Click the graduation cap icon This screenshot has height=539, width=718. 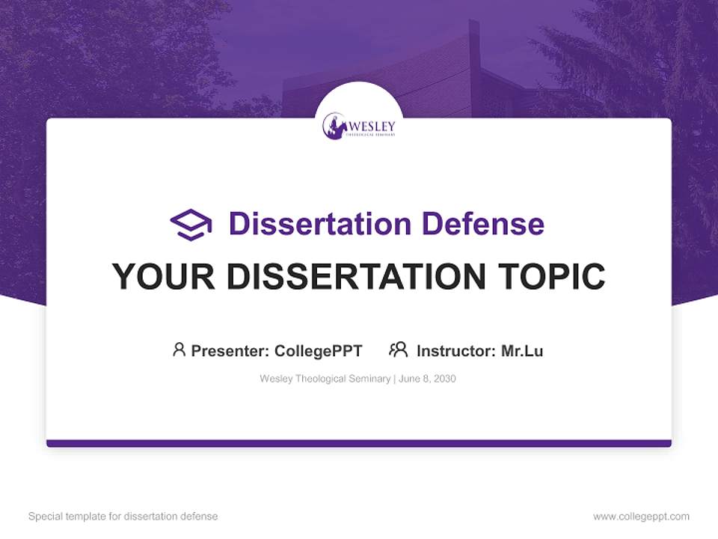(x=191, y=225)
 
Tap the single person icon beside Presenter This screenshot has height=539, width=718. (x=179, y=350)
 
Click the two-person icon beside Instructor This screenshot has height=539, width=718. (x=398, y=350)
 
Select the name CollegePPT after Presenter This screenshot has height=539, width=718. (x=319, y=350)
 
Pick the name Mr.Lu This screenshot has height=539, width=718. (x=522, y=350)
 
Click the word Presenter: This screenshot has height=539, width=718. (x=230, y=350)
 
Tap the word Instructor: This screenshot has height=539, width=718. (x=456, y=350)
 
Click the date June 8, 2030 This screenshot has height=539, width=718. (x=427, y=379)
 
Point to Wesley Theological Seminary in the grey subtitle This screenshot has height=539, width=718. (x=325, y=379)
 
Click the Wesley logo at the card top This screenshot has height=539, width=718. (x=359, y=126)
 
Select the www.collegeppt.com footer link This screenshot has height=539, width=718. (x=641, y=517)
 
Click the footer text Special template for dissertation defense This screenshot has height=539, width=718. (x=123, y=517)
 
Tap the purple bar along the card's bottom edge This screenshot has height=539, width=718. (x=359, y=443)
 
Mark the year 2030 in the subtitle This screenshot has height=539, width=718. (x=444, y=379)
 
